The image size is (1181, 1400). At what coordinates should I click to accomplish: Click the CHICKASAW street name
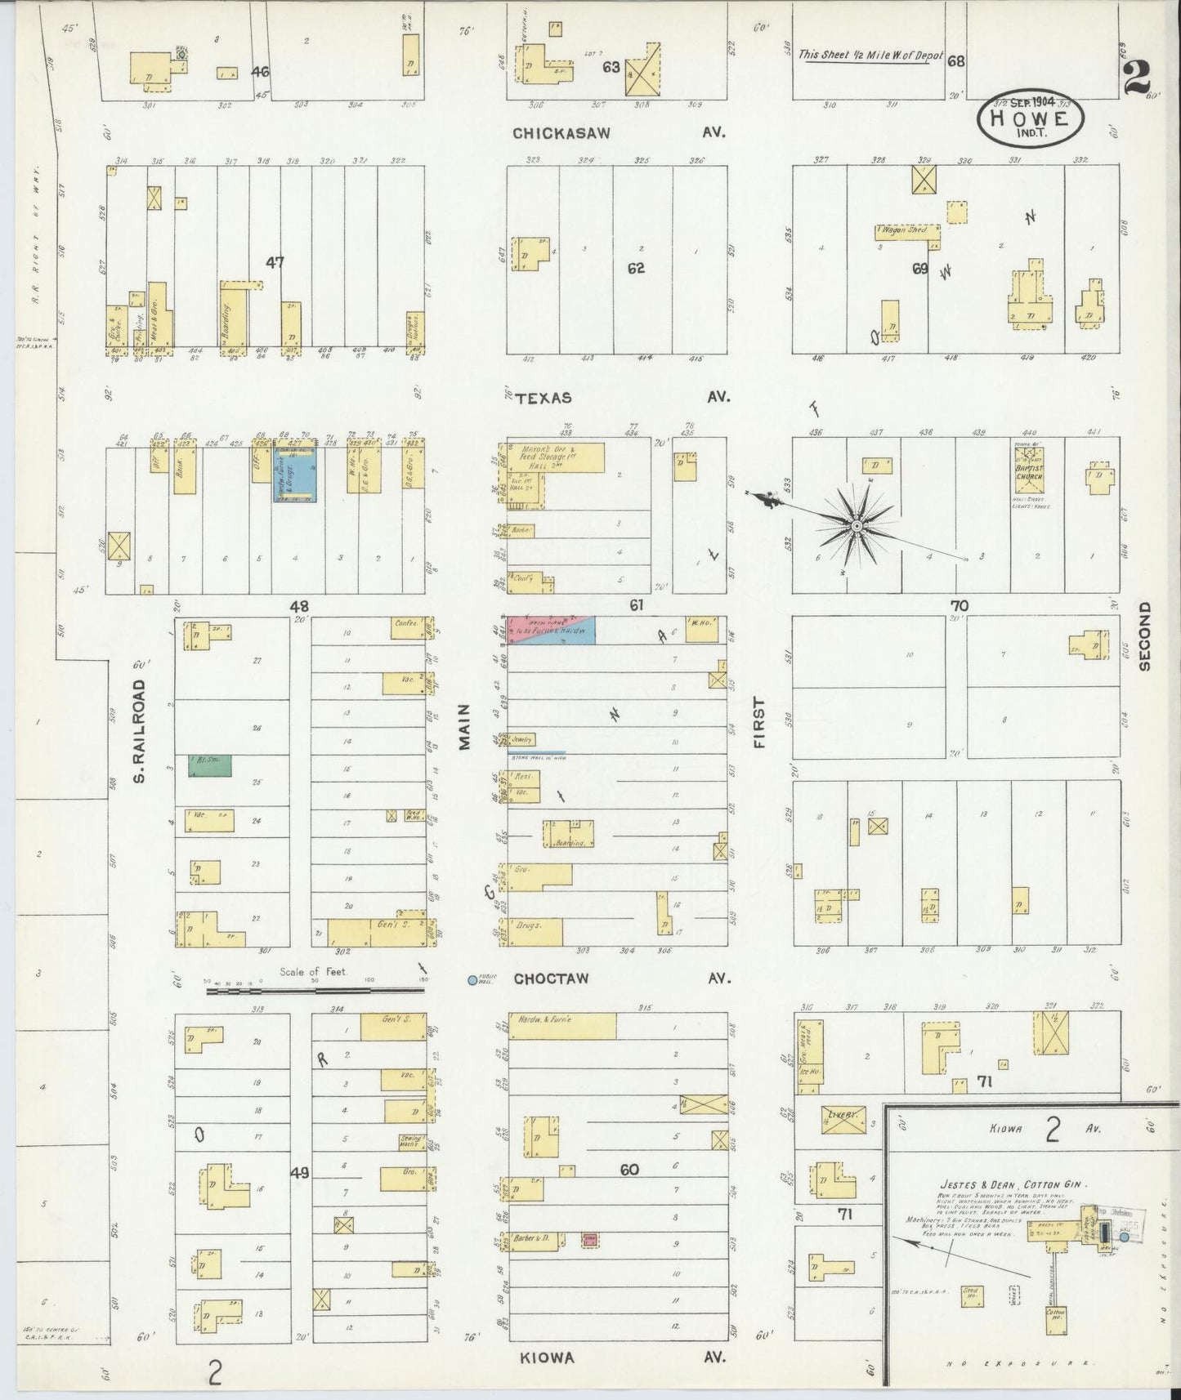[x=561, y=133]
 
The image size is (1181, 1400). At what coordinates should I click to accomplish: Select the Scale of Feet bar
[x=315, y=990]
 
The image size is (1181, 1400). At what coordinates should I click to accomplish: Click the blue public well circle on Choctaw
[x=472, y=979]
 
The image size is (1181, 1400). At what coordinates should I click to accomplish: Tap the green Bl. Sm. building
[x=210, y=765]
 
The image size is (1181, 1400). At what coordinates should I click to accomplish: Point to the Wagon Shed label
[x=903, y=230]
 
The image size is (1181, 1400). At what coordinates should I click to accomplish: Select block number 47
[x=275, y=262]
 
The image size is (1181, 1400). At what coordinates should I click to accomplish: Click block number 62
[x=636, y=267]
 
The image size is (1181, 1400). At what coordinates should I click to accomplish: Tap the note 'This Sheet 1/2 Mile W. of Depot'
[x=870, y=56]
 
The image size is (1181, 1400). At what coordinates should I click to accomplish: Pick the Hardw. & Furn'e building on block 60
[x=561, y=1027]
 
